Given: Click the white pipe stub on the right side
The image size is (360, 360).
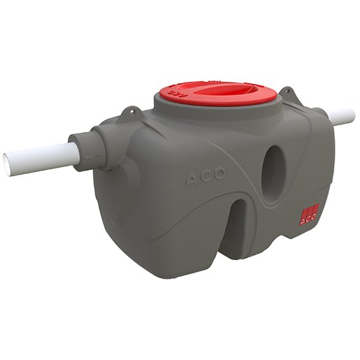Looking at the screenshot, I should pyautogui.click(x=341, y=117).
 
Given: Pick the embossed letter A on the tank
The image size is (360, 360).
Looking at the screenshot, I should pyautogui.click(x=192, y=181).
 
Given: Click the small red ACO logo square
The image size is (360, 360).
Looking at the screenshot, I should pyautogui.click(x=308, y=214).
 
